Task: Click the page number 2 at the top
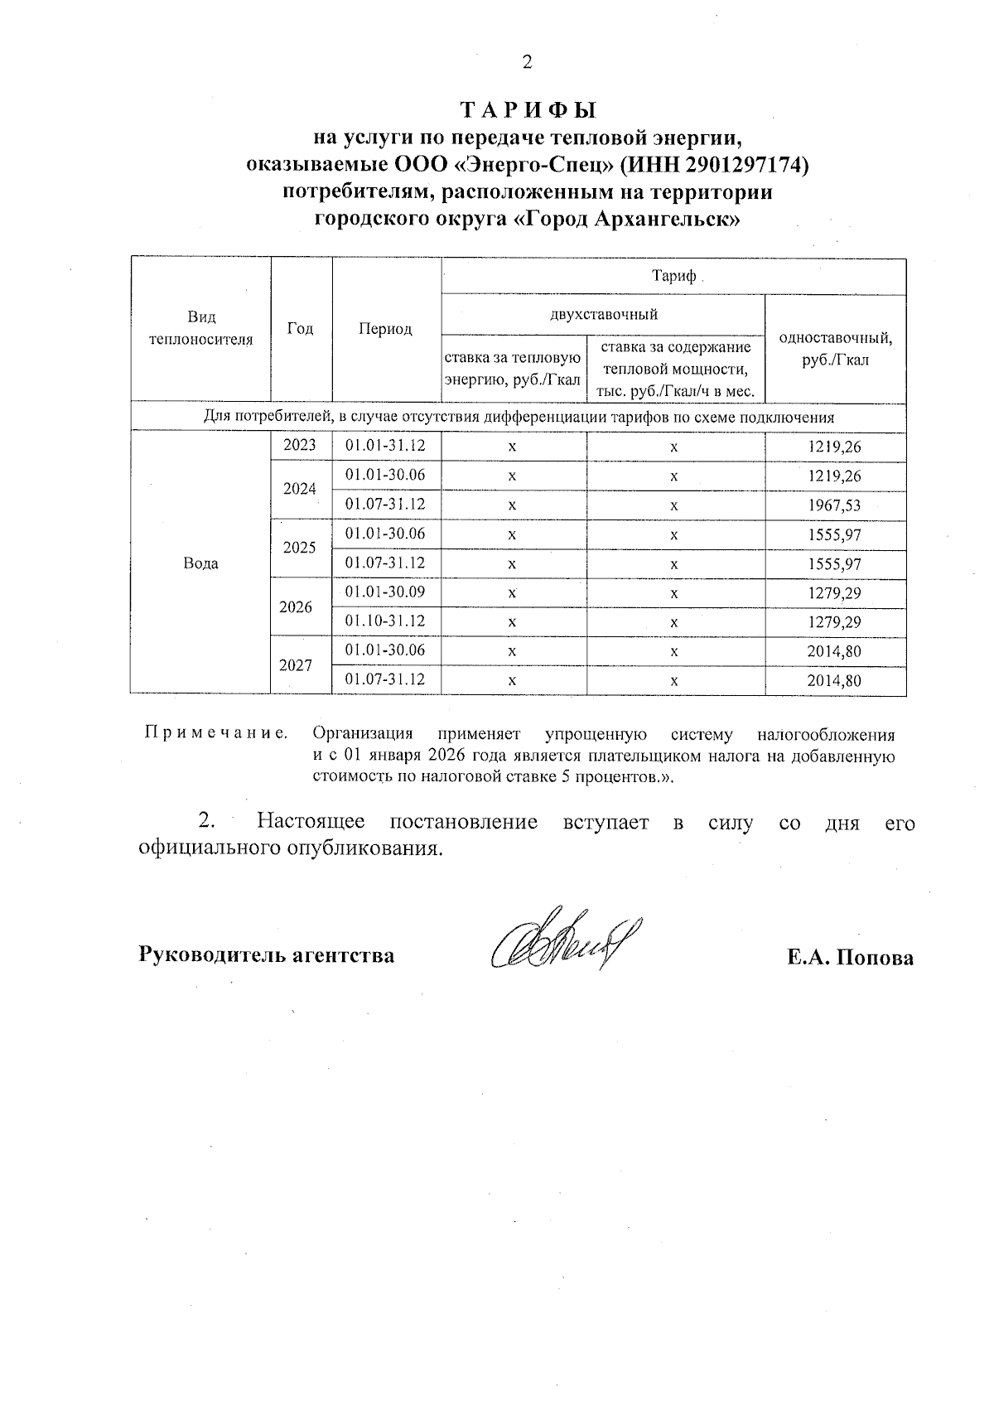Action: tap(527, 63)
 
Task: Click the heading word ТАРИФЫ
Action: tap(528, 110)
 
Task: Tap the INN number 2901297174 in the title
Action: tap(743, 165)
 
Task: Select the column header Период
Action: tap(385, 329)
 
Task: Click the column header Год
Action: tap(300, 329)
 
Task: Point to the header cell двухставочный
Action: tap(603, 314)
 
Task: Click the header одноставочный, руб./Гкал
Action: tap(835, 348)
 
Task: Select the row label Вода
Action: tap(200, 563)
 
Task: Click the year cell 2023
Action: tap(300, 446)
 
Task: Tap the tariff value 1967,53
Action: tap(834, 505)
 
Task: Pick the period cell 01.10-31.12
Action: tap(385, 621)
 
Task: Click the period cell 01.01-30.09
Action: tap(385, 592)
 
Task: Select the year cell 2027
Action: tap(296, 664)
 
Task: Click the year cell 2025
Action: tap(300, 548)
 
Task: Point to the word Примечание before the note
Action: tap(216, 732)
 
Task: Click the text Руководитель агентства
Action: tap(266, 954)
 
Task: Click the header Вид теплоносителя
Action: tap(200, 328)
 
